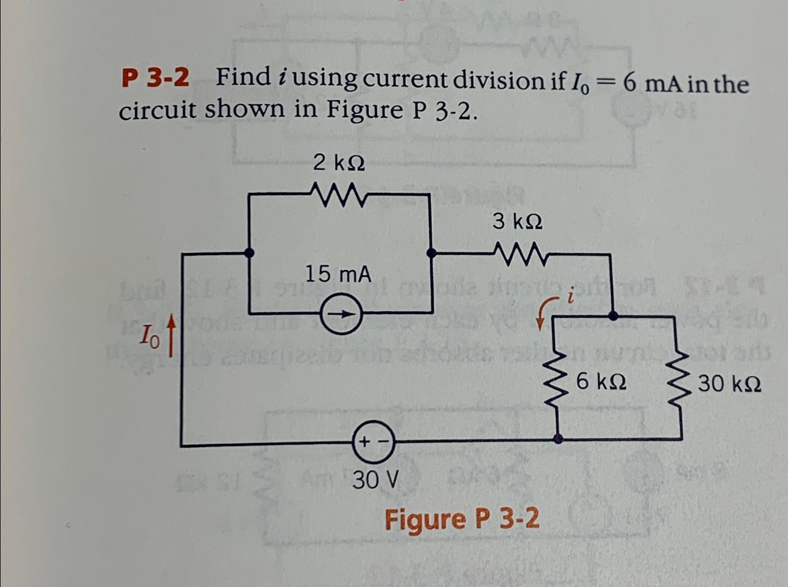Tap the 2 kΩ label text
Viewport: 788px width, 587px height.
(339, 162)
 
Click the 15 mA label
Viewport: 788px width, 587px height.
(338, 274)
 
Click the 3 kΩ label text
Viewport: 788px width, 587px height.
(518, 221)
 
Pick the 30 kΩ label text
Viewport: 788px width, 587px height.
(730, 384)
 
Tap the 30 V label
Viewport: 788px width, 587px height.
(375, 480)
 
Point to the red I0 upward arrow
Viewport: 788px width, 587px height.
(172, 338)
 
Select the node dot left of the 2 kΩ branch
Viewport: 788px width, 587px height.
(249, 252)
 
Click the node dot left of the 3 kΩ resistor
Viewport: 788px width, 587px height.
(431, 253)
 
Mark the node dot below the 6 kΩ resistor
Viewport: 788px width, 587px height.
(558, 438)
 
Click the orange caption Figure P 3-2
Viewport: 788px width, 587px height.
(462, 518)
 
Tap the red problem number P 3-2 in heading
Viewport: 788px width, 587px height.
(155, 78)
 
